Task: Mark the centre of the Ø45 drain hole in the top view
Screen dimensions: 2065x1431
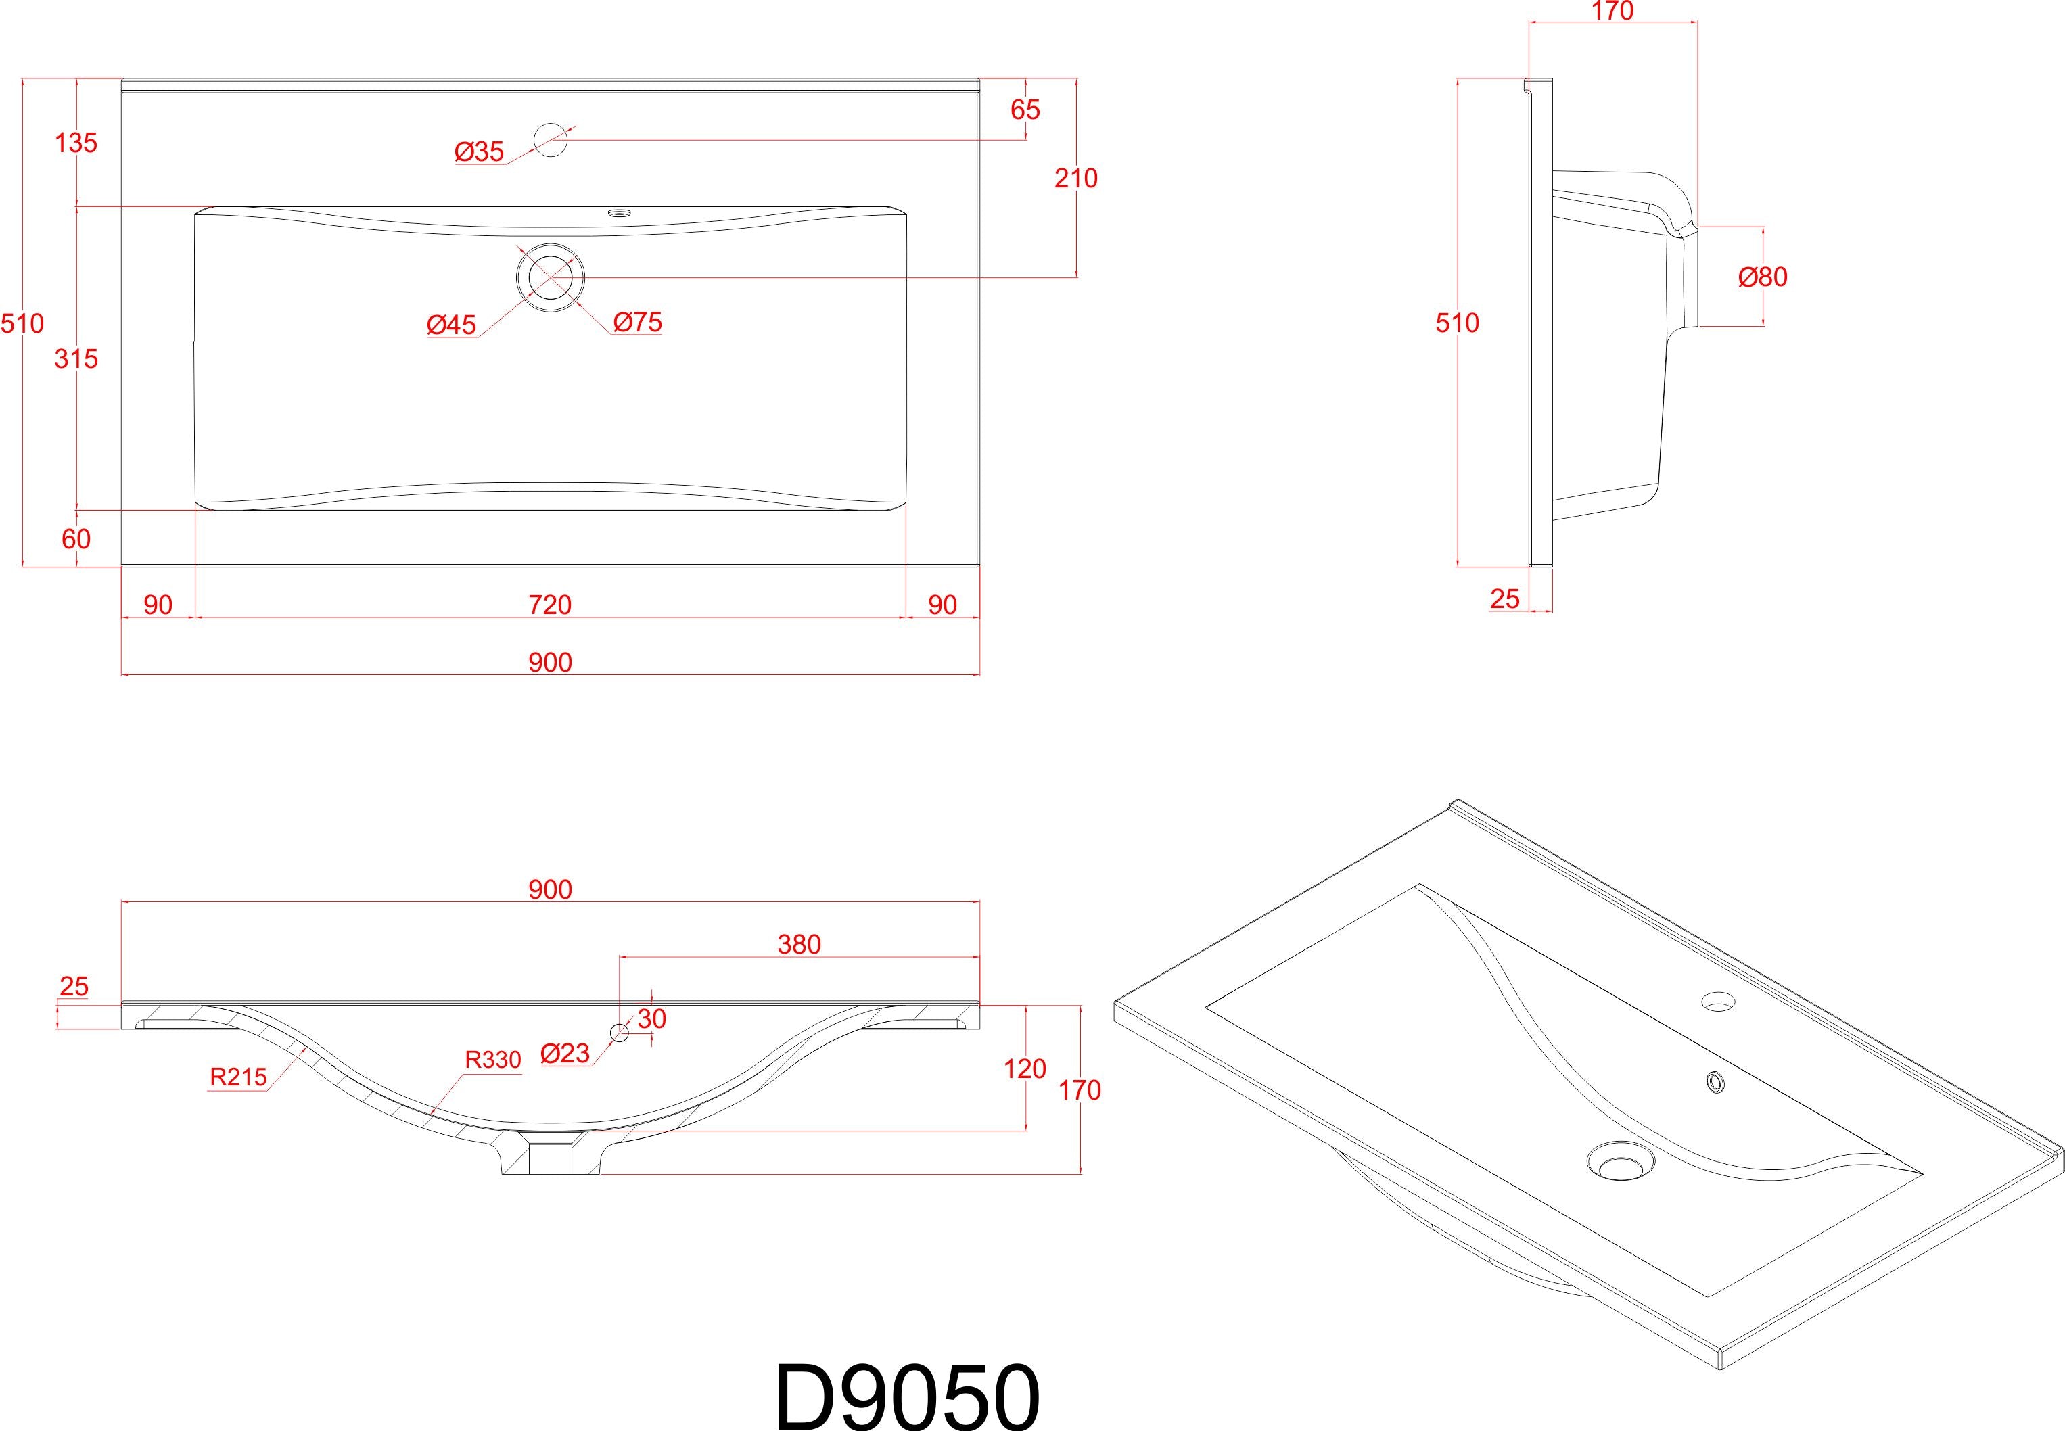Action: pos(550,276)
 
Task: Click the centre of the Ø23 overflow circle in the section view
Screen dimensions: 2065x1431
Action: pos(619,1032)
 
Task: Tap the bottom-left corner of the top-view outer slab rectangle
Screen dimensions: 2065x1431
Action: pos(122,567)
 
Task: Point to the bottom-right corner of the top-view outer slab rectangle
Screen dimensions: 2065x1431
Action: pos(980,567)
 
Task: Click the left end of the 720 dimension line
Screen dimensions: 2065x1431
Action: pos(195,617)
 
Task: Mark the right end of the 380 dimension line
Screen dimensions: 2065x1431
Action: pos(980,957)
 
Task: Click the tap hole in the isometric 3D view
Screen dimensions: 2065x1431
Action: pos(1718,1001)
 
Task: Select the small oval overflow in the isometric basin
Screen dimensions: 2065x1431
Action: pos(1715,1083)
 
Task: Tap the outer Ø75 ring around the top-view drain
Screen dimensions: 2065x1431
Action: pos(550,276)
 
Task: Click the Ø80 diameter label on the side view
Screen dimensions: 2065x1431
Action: pos(1763,277)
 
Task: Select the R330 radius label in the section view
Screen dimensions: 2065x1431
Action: pos(492,1060)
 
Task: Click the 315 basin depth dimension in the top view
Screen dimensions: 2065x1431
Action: pos(76,358)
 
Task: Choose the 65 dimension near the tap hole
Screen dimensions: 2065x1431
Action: pos(1025,110)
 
